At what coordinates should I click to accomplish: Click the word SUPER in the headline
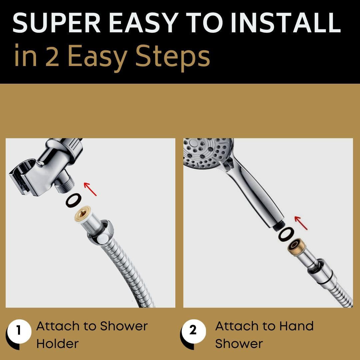(56, 23)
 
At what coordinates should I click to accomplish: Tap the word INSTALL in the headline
(286, 23)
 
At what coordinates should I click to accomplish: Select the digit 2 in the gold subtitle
(52, 56)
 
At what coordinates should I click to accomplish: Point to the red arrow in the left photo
(90, 189)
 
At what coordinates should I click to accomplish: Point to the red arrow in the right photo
(301, 223)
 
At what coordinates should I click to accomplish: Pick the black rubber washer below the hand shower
(286, 234)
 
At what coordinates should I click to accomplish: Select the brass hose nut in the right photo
(297, 247)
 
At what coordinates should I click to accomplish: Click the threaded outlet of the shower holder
(65, 182)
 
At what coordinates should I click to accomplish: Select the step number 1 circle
(19, 331)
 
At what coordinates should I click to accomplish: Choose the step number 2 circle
(193, 331)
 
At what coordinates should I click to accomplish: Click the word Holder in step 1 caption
(57, 344)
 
